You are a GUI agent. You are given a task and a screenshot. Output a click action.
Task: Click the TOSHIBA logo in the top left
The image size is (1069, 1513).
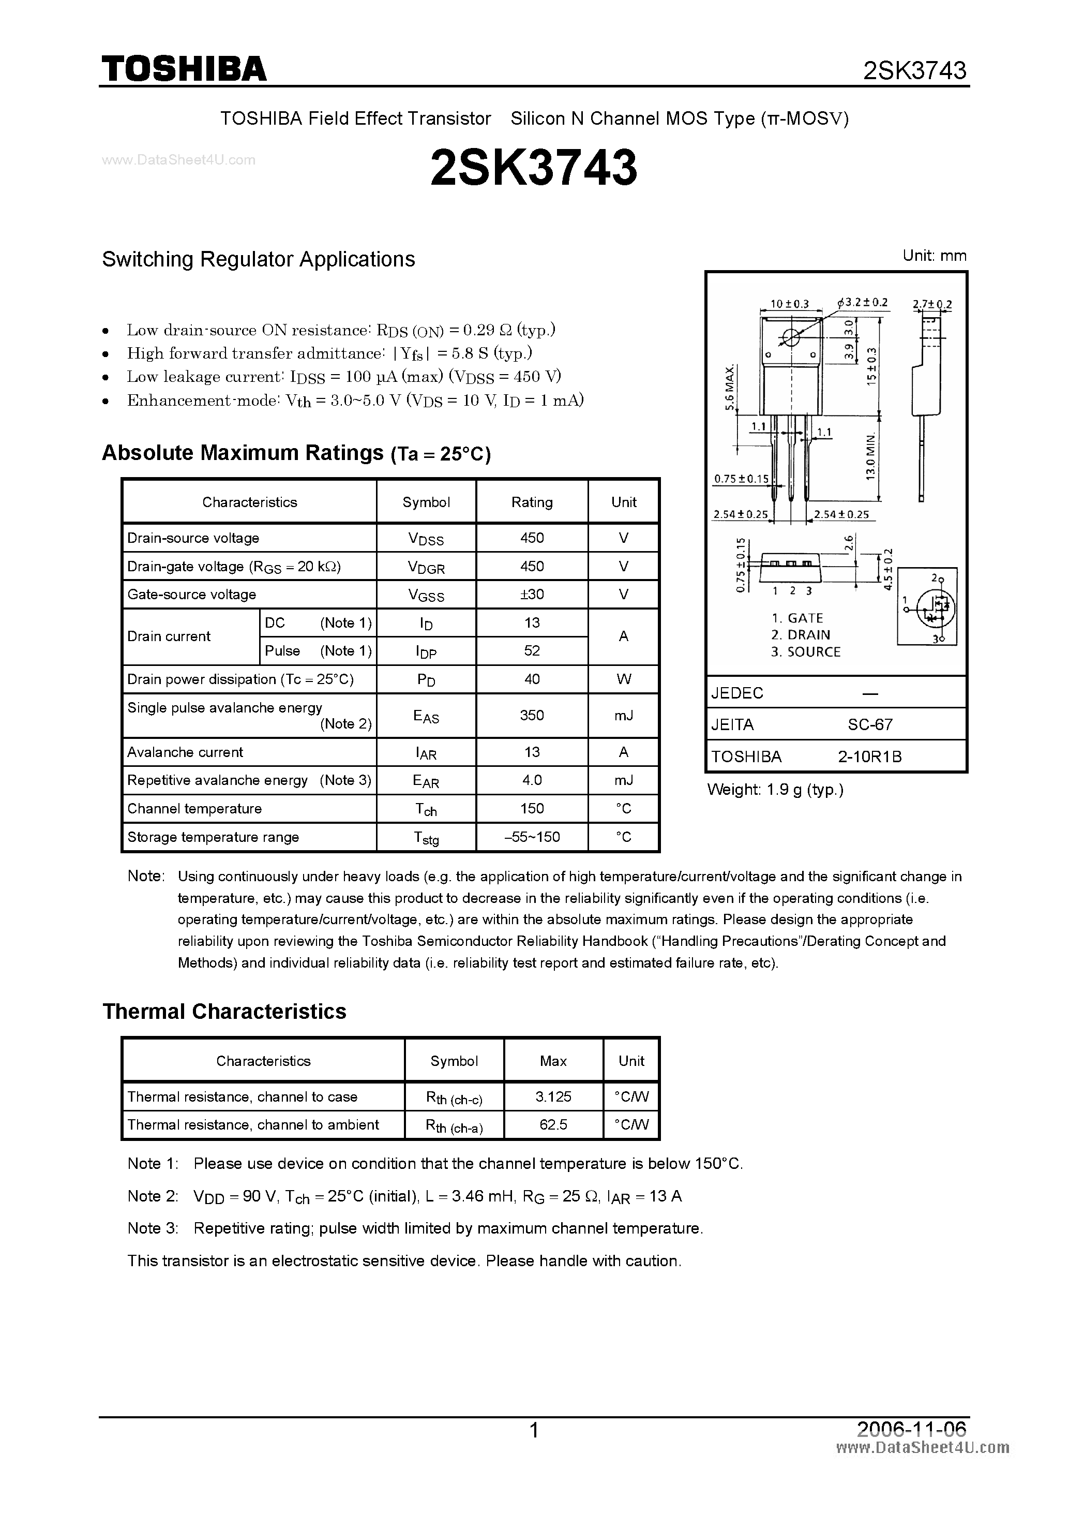coord(184,68)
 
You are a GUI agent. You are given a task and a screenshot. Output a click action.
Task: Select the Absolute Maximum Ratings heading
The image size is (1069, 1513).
coord(243,453)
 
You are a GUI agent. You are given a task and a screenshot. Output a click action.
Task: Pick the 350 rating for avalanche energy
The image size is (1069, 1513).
coord(532,715)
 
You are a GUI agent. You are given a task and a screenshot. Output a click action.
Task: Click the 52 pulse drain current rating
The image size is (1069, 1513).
coord(532,651)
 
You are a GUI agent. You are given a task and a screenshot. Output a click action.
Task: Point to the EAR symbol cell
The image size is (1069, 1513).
coord(426,781)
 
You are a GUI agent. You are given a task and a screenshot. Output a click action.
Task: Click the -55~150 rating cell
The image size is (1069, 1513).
coord(532,837)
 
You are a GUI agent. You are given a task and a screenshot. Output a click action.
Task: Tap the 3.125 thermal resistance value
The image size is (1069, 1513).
coord(553,1096)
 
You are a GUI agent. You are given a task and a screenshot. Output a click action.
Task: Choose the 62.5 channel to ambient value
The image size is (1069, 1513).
coord(553,1125)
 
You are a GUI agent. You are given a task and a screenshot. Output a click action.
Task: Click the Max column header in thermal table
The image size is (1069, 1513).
coord(553,1061)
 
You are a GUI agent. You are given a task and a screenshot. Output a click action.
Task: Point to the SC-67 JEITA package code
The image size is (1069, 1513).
coord(869,725)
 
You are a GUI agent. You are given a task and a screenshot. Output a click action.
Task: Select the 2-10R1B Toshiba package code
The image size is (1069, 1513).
coord(869,756)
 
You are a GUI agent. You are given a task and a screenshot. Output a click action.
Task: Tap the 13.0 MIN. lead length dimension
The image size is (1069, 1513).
coord(870,457)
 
